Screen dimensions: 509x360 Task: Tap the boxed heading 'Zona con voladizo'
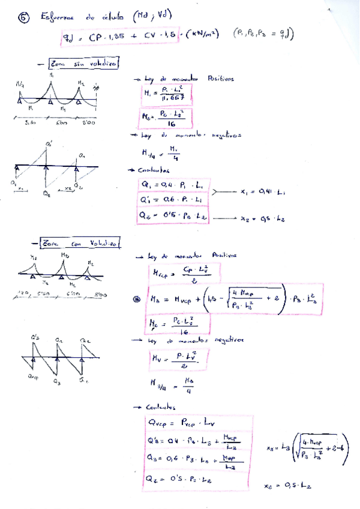[x=81, y=242]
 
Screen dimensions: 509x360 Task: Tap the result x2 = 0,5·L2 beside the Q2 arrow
[x=262, y=219]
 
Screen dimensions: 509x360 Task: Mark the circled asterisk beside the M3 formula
[x=136, y=299]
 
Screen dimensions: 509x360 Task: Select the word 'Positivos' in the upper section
[x=221, y=79]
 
